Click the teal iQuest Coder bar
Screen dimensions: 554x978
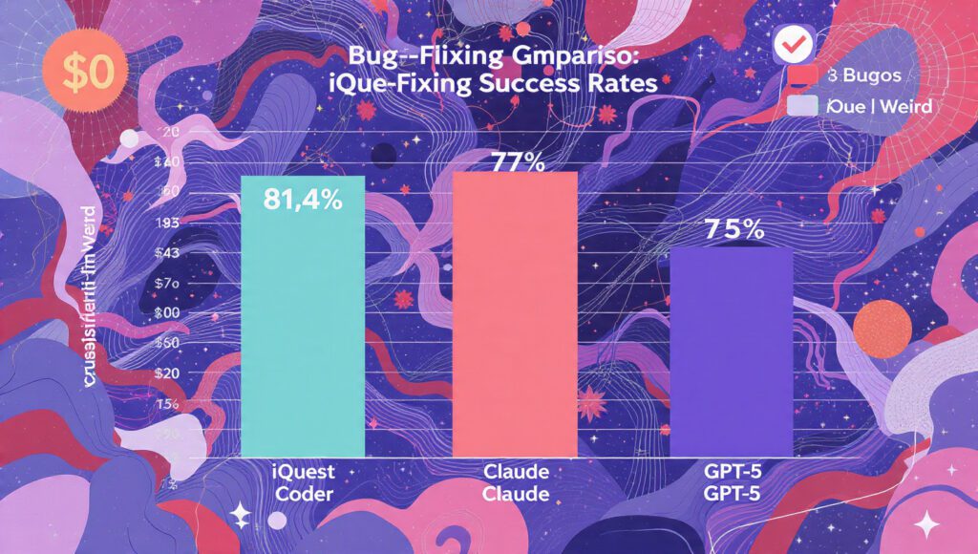302,315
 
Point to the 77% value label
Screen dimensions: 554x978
517,162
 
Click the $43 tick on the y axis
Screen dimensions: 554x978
167,253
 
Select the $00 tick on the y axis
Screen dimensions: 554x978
167,312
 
